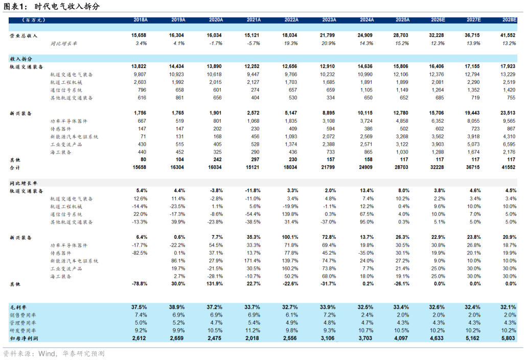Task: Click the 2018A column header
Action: point(140,20)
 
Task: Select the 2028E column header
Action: point(509,20)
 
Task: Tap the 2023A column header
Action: point(329,20)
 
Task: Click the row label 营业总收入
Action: point(24,36)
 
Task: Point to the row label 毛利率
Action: point(18,307)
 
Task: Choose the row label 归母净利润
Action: point(24,339)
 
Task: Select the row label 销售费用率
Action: point(23,315)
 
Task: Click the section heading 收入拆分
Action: point(21,59)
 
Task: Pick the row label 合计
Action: point(15,167)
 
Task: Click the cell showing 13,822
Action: point(139,66)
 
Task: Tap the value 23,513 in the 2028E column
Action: point(508,113)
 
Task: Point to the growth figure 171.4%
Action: point(253,261)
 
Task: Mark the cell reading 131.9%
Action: point(215,284)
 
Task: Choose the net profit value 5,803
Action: point(508,338)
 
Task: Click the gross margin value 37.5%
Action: point(139,307)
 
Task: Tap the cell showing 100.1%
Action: point(290,237)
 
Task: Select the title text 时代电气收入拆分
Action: point(67,6)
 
